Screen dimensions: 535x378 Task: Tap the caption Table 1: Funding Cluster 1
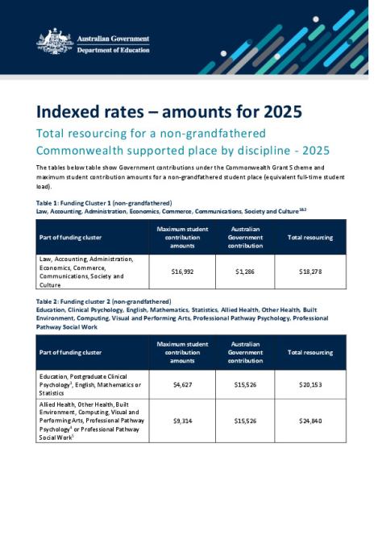pyautogui.click(x=104, y=203)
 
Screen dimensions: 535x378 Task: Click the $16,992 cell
pyautogui.click(x=185, y=272)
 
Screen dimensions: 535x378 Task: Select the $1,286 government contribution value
pyautogui.click(x=245, y=272)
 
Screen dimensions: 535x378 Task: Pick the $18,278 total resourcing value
pyautogui.click(x=310, y=272)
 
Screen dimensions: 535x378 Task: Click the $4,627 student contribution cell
pyautogui.click(x=185, y=384)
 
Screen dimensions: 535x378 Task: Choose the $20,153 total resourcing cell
pyautogui.click(x=310, y=384)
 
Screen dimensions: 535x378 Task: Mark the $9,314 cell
pyautogui.click(x=185, y=420)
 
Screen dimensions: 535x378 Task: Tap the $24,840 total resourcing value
pyautogui.click(x=310, y=420)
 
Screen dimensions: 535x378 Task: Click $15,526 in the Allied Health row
pyautogui.click(x=245, y=420)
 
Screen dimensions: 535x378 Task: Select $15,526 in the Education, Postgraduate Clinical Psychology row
pyautogui.click(x=245, y=384)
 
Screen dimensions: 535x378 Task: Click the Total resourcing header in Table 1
pyautogui.click(x=310, y=238)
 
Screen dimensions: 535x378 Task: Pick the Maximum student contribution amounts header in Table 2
pyautogui.click(x=185, y=352)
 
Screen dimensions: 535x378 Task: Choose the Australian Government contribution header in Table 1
pyautogui.click(x=245, y=238)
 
